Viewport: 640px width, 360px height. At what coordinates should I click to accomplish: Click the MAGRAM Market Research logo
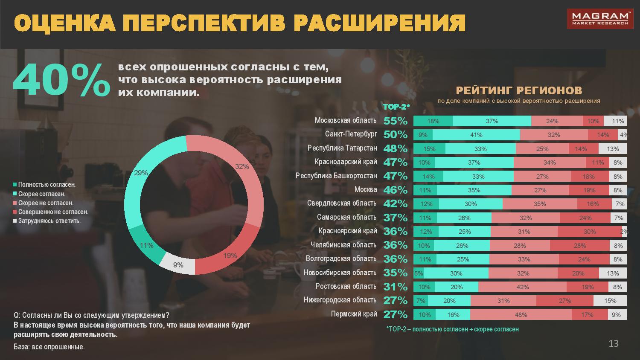(x=599, y=19)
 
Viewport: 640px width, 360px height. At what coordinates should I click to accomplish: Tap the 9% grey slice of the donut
(x=178, y=265)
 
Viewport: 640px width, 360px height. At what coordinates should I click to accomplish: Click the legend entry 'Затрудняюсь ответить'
(x=49, y=221)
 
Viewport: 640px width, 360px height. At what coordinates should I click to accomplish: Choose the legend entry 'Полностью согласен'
(x=47, y=185)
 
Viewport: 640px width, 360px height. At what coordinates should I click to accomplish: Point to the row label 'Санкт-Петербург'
(x=351, y=134)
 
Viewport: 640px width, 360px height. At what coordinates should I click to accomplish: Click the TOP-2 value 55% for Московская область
(x=396, y=121)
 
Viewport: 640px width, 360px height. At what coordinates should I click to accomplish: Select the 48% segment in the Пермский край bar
(x=521, y=314)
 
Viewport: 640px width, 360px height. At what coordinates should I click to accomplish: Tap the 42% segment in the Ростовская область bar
(x=522, y=287)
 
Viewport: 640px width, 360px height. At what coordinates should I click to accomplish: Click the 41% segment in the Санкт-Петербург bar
(x=476, y=135)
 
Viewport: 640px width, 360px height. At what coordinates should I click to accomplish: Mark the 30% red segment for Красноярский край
(x=589, y=232)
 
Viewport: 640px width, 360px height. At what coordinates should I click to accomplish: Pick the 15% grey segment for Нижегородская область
(x=610, y=301)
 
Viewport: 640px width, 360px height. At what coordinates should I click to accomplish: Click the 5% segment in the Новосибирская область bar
(x=419, y=273)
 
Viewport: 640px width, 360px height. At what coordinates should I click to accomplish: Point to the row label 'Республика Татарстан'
(x=342, y=148)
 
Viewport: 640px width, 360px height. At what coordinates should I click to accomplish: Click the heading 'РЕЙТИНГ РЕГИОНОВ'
(x=519, y=90)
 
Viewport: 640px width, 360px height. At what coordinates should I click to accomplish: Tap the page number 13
(x=613, y=344)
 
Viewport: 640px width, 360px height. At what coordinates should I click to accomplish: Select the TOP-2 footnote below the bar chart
(x=452, y=329)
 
